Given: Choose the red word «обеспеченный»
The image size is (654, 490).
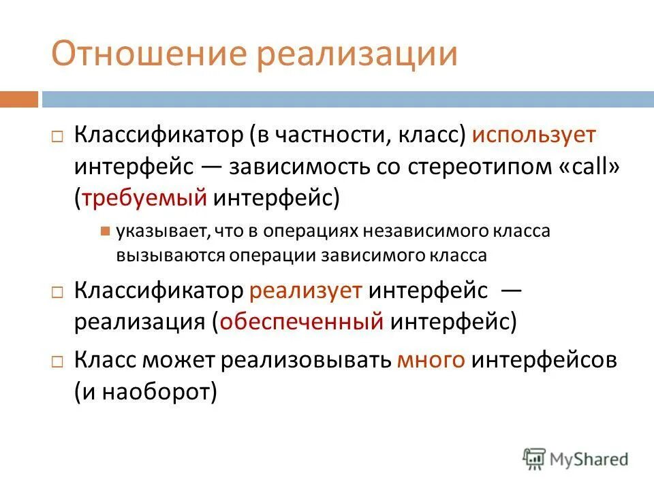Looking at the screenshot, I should point(301,321).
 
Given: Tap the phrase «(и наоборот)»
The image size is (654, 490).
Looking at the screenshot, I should point(145,391).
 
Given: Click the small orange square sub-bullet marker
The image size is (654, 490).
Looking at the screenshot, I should point(105,231).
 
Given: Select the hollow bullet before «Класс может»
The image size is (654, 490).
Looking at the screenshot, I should point(57,361).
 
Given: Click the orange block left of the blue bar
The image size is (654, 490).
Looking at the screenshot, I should point(19,99).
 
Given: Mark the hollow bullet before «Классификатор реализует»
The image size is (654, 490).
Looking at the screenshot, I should point(57,292).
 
